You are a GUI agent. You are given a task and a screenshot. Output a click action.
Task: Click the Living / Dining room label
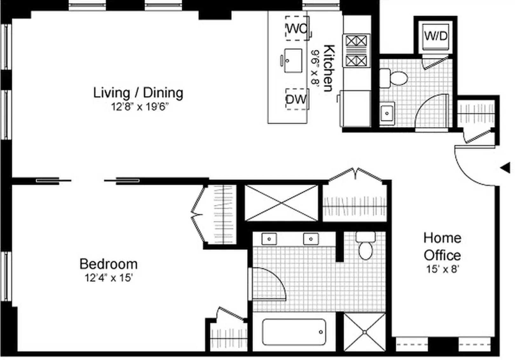(138, 93)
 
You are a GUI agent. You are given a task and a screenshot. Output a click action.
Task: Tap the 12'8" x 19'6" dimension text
(140, 107)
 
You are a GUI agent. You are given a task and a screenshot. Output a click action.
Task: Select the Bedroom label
(108, 264)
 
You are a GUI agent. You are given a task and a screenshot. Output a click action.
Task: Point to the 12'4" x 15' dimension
(109, 278)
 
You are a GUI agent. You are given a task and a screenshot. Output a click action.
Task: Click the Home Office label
(442, 246)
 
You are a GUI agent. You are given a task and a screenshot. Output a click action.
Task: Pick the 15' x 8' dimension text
(443, 269)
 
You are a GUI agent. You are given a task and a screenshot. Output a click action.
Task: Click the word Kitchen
(329, 68)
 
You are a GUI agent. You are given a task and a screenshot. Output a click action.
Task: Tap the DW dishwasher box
(297, 99)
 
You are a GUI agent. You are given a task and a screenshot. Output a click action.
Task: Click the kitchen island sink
(293, 61)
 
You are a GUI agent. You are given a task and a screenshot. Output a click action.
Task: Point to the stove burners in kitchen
(356, 51)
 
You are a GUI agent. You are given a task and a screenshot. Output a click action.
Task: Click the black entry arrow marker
(505, 168)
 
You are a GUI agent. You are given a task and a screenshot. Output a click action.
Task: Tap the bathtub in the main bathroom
(294, 332)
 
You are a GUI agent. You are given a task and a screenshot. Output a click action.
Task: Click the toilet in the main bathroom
(366, 246)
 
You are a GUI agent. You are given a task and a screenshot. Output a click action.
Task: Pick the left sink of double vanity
(269, 239)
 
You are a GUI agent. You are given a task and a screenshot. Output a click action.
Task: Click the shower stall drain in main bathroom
(365, 332)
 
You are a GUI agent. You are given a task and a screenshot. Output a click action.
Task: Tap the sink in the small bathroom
(387, 114)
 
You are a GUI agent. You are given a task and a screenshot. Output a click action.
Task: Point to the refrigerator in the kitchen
(355, 108)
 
